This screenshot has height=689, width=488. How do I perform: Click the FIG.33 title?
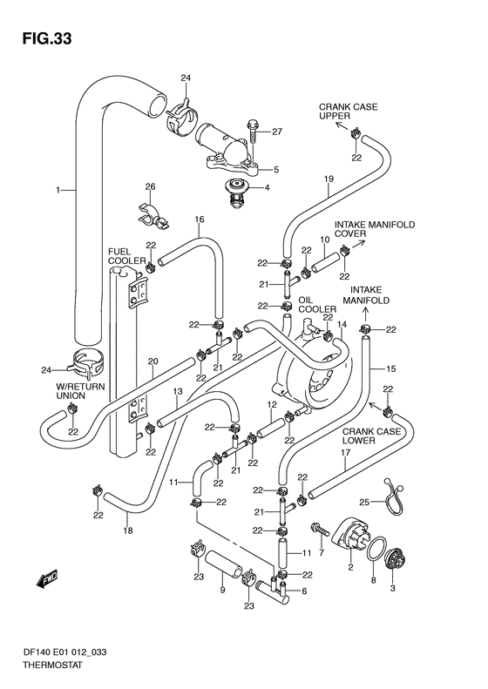46,39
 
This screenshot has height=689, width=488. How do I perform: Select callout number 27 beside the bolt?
276,132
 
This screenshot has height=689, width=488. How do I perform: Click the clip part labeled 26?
152,216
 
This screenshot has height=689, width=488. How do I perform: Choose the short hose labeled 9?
224,564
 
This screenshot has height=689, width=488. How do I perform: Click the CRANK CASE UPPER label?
348,111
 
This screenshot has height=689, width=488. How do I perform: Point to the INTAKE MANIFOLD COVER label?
374,229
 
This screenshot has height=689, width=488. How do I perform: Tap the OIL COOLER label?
317,305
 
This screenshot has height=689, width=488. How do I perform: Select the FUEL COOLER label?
126,256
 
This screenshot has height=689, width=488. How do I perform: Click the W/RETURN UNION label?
80,391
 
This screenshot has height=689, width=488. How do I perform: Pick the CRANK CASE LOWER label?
371,436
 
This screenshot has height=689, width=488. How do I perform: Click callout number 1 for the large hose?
58,190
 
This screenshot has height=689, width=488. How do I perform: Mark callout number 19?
329,179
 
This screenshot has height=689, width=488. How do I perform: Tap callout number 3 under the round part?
393,588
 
